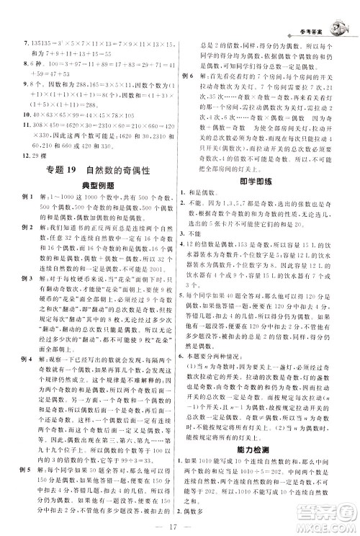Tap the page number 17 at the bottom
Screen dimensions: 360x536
click(x=179, y=523)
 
